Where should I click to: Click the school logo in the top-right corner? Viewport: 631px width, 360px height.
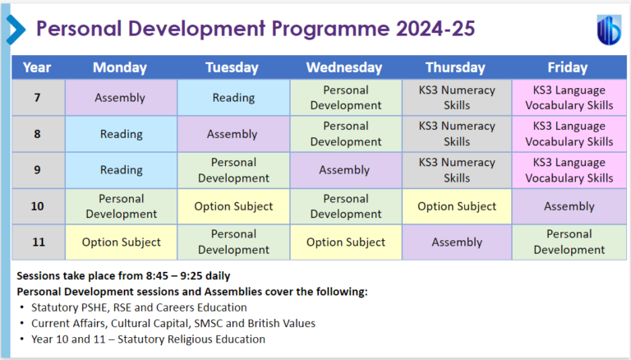tap(608, 29)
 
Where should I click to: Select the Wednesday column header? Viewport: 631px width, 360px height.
tap(343, 67)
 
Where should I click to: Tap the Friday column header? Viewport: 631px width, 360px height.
tap(569, 67)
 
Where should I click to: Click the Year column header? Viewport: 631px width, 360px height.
tap(37, 67)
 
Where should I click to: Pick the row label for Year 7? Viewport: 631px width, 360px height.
tap(37, 98)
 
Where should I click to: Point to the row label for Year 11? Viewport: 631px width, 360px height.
tap(37, 242)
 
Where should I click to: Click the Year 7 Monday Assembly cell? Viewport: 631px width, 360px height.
tap(120, 98)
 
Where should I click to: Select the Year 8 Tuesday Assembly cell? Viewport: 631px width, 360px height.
tap(233, 134)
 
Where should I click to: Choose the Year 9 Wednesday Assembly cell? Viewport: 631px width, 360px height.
tap(343, 170)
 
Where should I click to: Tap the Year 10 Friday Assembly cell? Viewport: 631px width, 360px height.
tap(569, 206)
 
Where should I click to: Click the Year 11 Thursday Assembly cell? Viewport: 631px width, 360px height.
tap(456, 242)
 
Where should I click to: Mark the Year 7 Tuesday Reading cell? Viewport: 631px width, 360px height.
tap(233, 98)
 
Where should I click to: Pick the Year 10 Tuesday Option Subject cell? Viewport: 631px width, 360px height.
tap(233, 206)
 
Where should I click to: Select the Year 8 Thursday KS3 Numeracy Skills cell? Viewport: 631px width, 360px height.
tap(456, 134)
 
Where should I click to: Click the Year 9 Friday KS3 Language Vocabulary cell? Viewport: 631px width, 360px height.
tap(569, 170)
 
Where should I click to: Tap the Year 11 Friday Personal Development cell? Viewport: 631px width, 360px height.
tap(569, 242)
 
